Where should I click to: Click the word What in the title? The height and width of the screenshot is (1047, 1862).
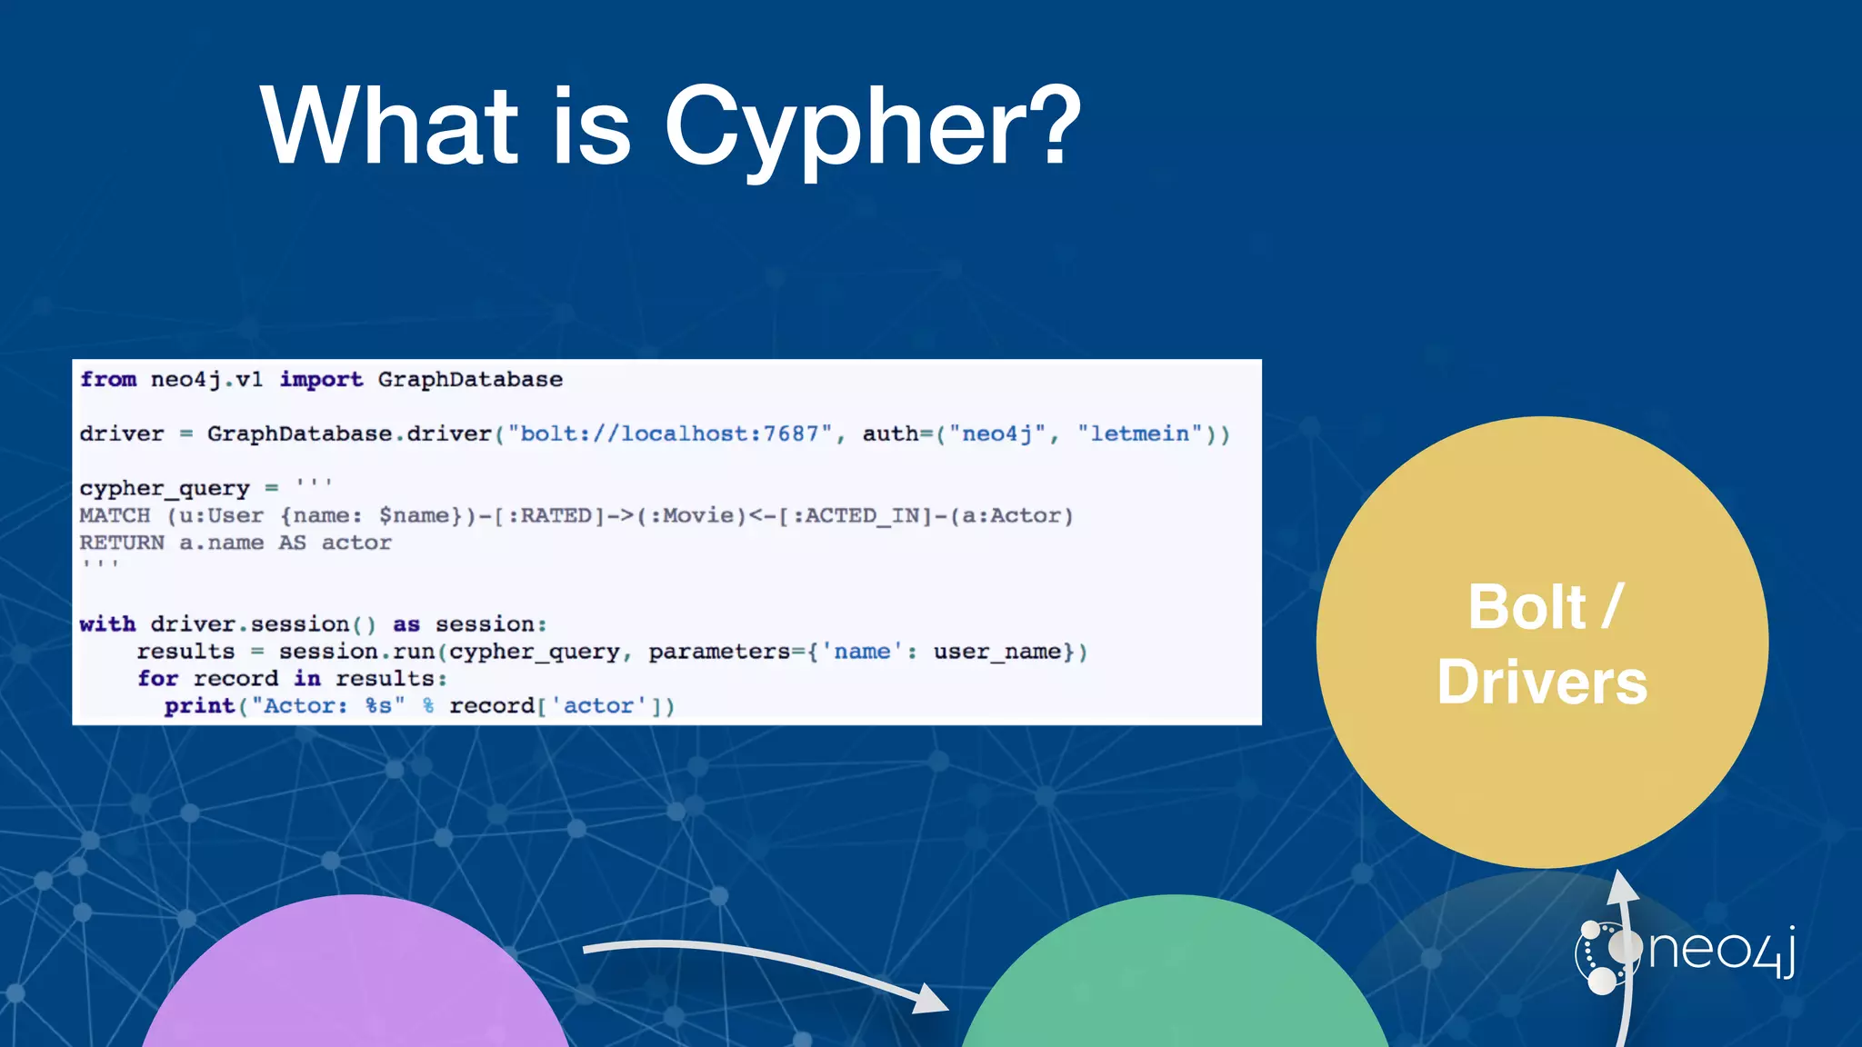click(x=389, y=127)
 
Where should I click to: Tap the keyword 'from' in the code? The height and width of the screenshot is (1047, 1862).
click(x=108, y=379)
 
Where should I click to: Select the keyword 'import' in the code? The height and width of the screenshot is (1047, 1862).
click(x=321, y=379)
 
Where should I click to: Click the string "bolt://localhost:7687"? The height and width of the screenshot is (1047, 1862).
click(x=670, y=434)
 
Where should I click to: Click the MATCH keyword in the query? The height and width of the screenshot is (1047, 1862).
click(x=115, y=515)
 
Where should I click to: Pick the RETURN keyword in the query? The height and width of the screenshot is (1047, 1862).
click(x=122, y=543)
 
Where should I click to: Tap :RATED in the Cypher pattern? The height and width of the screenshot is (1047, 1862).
click(x=550, y=515)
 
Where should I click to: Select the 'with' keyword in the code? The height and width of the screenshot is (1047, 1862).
click(x=107, y=624)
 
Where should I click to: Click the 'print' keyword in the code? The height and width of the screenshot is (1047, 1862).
click(x=199, y=706)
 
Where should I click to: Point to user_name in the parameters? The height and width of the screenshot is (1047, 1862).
click(x=996, y=652)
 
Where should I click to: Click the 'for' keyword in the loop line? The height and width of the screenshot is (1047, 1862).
click(x=157, y=679)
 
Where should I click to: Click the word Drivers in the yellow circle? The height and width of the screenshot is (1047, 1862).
click(x=1542, y=683)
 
